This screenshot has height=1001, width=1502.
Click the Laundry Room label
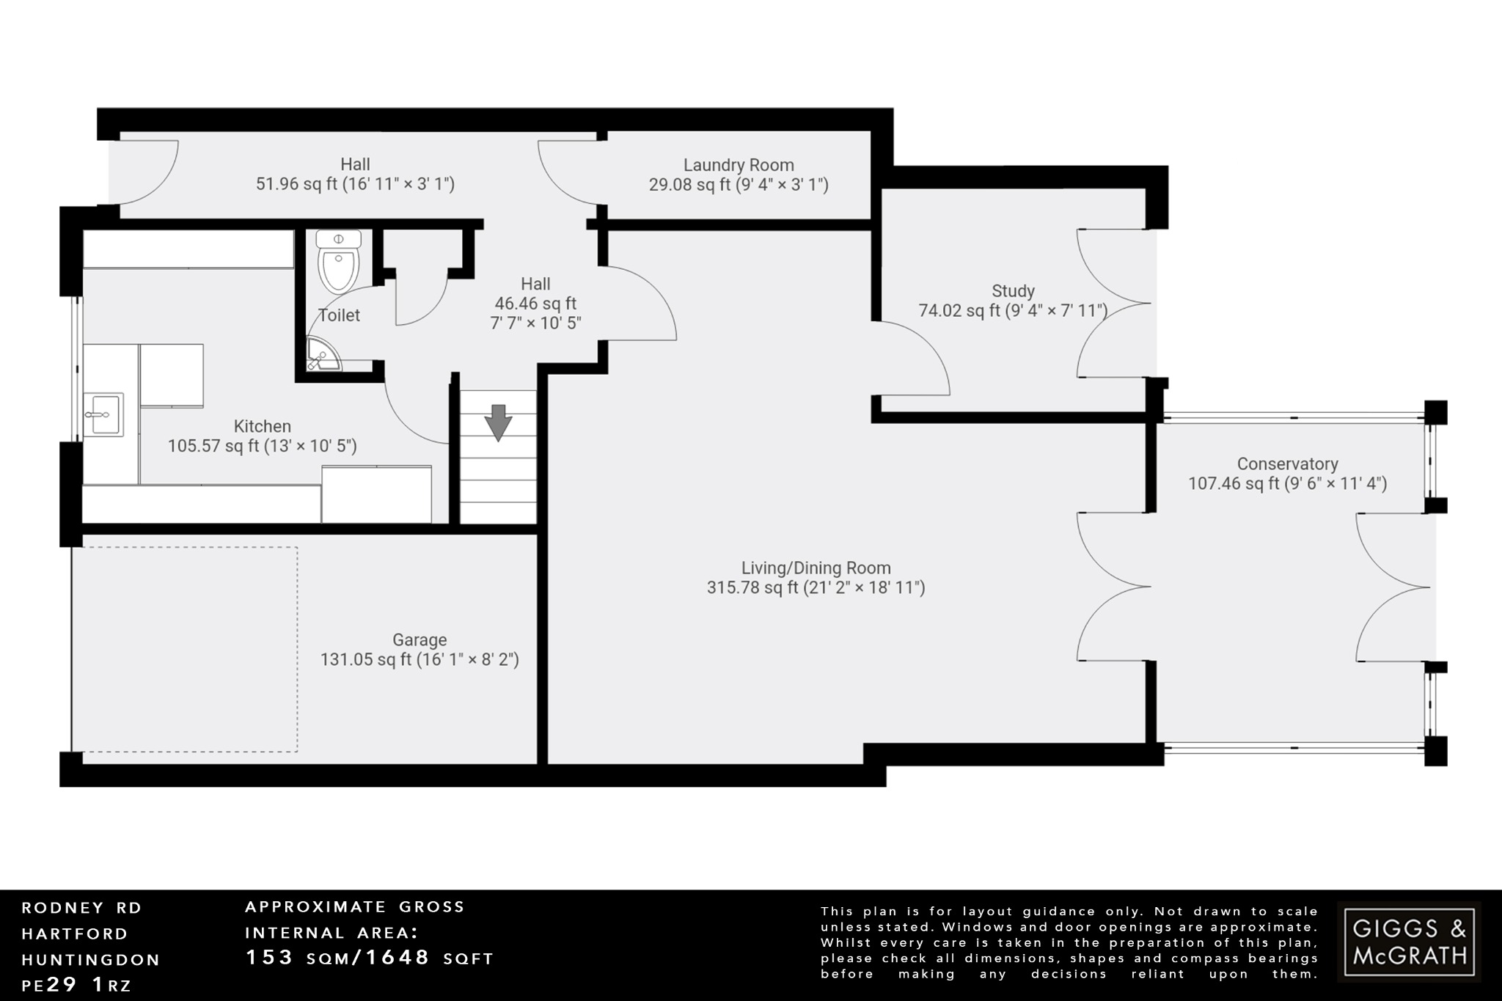pyautogui.click(x=739, y=165)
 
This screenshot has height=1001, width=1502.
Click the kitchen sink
pyautogui.click(x=103, y=414)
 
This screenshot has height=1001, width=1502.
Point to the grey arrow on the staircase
pyautogui.click(x=498, y=422)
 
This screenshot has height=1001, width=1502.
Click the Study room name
pyautogui.click(x=1013, y=291)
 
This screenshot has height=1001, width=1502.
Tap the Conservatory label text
pyautogui.click(x=1287, y=464)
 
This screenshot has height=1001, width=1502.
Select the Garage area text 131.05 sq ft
pyautogui.click(x=420, y=659)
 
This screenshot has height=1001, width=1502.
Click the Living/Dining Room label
pyautogui.click(x=816, y=568)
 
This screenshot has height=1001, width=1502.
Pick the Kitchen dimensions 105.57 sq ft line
pyautogui.click(x=263, y=446)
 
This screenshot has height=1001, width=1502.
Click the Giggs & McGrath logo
pyautogui.click(x=1409, y=942)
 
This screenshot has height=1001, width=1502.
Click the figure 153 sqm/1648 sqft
pyautogui.click(x=369, y=958)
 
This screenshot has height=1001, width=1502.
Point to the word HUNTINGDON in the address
pyautogui.click(x=91, y=959)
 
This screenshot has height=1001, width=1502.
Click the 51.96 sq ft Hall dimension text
pyautogui.click(x=355, y=184)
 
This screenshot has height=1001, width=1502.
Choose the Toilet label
pyautogui.click(x=339, y=315)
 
